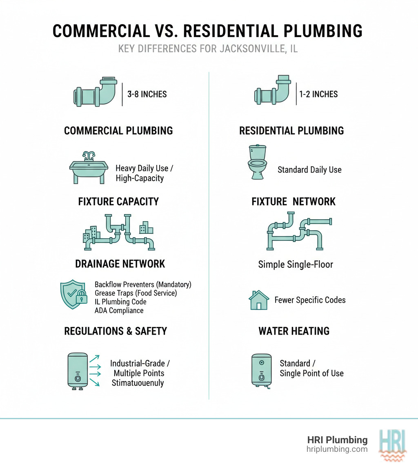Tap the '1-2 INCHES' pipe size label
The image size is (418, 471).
319,94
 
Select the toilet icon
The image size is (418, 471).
257,162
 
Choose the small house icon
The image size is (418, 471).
259,300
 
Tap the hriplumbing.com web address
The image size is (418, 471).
337,449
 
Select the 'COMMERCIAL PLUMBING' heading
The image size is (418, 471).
118,131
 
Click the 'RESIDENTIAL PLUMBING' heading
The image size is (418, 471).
291,131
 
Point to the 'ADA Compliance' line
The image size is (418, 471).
119,311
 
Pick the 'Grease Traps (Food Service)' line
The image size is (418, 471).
136,293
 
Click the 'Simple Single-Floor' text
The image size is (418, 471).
296,264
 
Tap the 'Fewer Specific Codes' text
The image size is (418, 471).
310,300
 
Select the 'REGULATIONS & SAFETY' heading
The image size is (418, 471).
116,331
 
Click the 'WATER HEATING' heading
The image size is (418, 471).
294,331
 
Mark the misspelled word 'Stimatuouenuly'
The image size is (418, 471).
138,383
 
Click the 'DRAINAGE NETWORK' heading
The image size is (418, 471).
120,264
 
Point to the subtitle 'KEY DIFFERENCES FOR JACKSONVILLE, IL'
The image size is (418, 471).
208,49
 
